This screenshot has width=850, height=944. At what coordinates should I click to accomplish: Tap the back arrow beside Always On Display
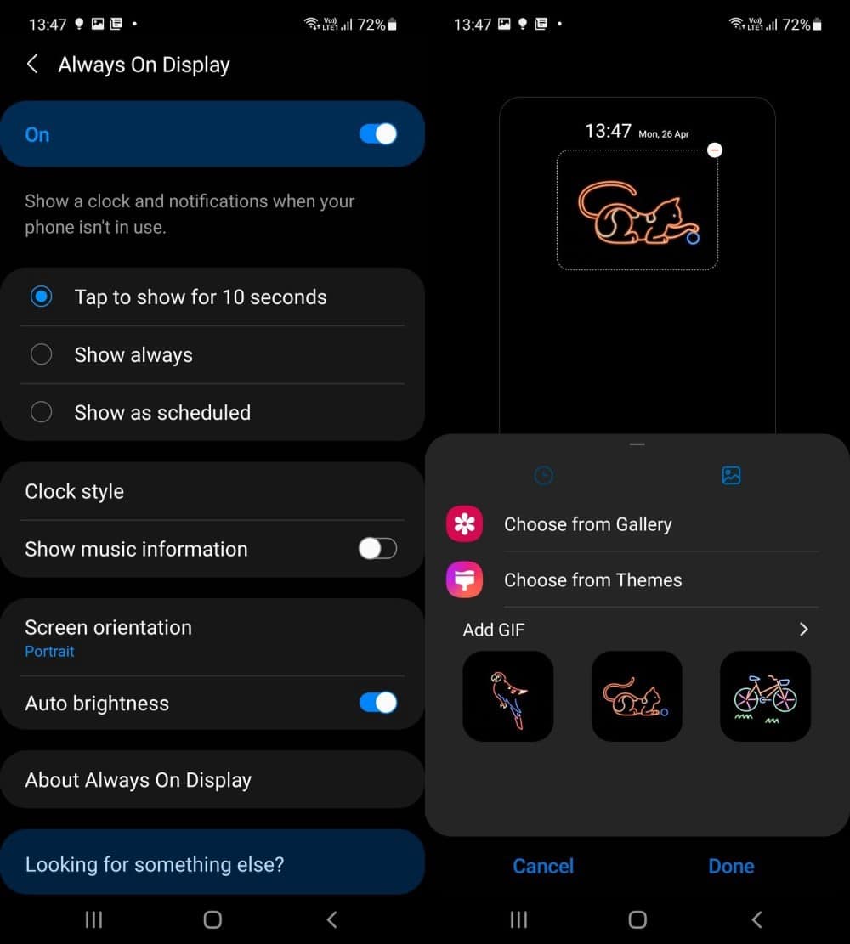[x=32, y=64]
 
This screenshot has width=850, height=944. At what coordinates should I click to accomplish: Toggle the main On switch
[x=377, y=133]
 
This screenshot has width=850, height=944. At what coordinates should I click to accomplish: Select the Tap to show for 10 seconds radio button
[x=41, y=297]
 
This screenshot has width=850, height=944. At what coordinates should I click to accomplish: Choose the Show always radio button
[x=41, y=354]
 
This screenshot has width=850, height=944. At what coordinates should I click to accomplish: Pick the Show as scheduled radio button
[x=41, y=412]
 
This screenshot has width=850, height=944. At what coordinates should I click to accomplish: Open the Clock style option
[x=74, y=491]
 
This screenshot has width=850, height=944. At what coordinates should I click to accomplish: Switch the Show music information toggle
[x=377, y=548]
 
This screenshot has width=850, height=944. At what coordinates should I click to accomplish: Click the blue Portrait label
[x=49, y=652]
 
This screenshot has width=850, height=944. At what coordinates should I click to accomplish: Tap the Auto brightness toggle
[x=377, y=703]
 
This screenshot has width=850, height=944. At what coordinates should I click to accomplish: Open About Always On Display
[x=138, y=780]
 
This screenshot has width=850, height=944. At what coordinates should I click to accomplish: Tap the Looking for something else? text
[x=154, y=864]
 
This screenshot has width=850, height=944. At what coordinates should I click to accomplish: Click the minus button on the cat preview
[x=715, y=150]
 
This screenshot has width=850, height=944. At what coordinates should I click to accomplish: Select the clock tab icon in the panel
[x=543, y=476]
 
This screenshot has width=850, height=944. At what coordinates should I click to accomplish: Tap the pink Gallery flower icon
[x=464, y=523]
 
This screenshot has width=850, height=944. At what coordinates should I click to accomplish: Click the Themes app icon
[x=464, y=579]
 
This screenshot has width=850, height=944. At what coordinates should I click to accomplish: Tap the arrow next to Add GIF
[x=803, y=629]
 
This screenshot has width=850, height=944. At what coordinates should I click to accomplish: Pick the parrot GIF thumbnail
[x=507, y=696]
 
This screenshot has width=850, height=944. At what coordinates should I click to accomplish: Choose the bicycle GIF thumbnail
[x=765, y=696]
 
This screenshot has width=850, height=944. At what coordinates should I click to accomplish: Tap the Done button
[x=731, y=866]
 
